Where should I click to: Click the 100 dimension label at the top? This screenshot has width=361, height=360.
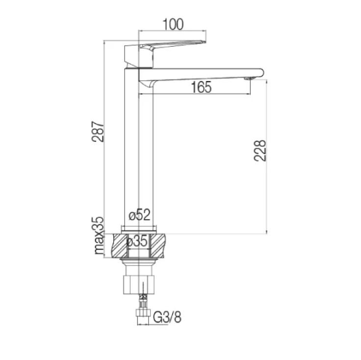[172, 24]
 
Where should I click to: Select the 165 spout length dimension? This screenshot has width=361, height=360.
[201, 87]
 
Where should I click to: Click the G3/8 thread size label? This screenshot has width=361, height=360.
[167, 317]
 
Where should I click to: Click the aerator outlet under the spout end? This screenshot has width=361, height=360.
[249, 78]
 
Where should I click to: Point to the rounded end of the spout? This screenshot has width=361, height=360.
[261, 72]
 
